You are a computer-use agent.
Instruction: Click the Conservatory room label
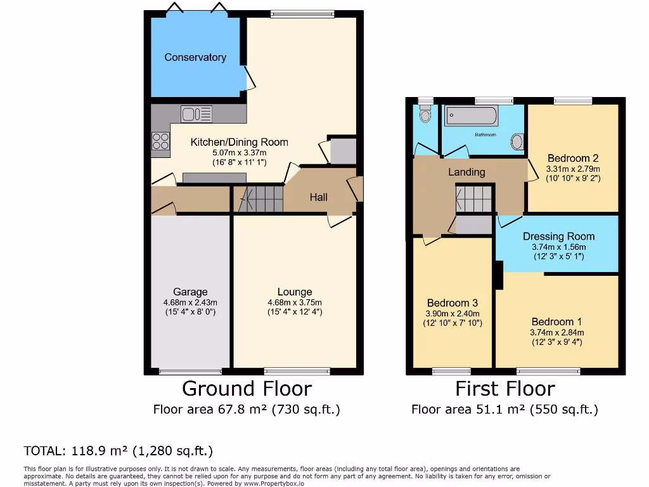click(195, 58)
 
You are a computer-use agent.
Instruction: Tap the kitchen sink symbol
click(196, 114)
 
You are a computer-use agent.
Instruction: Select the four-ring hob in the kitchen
click(160, 141)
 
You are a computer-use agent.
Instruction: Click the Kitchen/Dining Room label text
click(239, 142)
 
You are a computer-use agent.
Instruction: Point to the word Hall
click(318, 197)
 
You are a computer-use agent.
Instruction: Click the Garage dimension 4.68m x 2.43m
click(190, 302)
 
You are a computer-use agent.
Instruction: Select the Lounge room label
click(295, 292)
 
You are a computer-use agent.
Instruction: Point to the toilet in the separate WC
click(425, 114)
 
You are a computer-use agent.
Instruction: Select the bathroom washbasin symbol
click(518, 142)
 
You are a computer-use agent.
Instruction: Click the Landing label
click(466, 172)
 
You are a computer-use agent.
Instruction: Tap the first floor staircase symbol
click(474, 200)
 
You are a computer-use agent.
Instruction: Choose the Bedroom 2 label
click(573, 159)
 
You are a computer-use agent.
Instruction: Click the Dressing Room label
click(558, 237)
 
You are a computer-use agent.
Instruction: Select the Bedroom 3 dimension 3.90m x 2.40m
click(453, 313)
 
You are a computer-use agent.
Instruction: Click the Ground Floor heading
click(247, 388)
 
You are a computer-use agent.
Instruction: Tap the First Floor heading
click(504, 388)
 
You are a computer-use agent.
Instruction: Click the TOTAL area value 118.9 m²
click(98, 451)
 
